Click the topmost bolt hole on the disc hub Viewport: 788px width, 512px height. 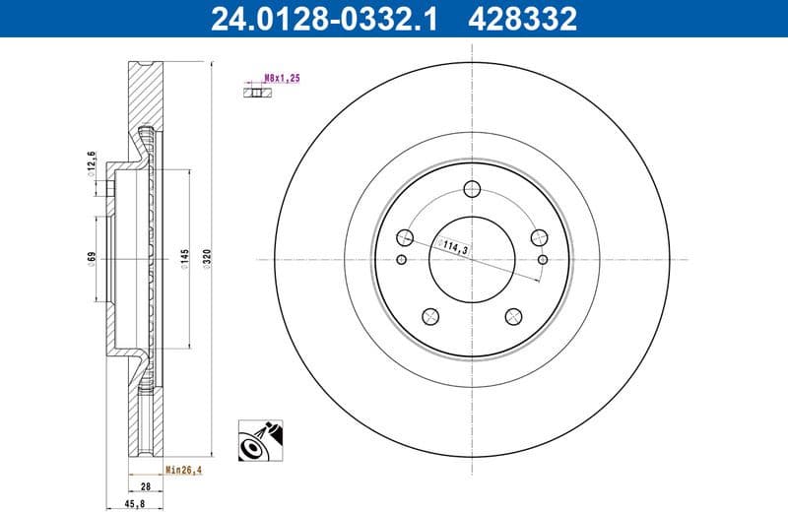[471, 190]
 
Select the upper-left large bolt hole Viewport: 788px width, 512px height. [404, 237]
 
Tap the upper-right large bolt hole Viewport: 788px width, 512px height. [538, 237]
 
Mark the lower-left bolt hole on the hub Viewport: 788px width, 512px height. [429, 316]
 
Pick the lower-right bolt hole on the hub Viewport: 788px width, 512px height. [512, 316]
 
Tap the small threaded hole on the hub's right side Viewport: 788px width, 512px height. [543, 260]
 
